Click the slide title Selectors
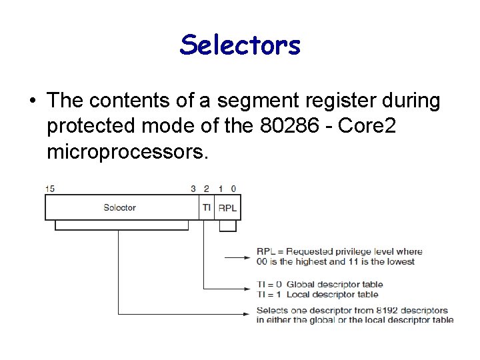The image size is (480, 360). (x=240, y=45)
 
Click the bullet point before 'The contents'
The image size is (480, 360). (x=31, y=101)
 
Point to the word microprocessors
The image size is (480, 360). (x=127, y=153)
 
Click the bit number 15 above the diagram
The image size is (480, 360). (x=50, y=189)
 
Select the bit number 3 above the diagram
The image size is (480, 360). (x=193, y=189)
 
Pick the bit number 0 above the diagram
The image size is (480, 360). (x=233, y=189)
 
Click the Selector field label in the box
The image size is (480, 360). (x=120, y=207)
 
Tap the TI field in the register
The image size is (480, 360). (x=207, y=207)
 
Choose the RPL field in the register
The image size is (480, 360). (x=227, y=208)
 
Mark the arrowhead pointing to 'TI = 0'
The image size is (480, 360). (x=248, y=289)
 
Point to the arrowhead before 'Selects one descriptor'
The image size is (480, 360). (x=248, y=314)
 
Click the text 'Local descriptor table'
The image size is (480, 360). (x=332, y=294)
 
